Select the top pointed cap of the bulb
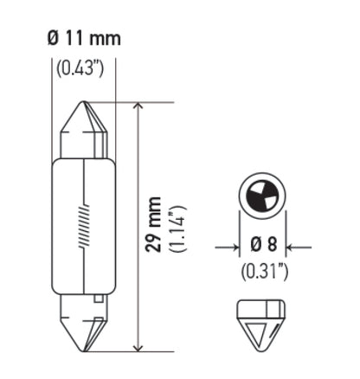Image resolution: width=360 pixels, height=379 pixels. pos(84,130)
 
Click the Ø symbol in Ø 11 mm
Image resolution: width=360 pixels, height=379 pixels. pos(51,38)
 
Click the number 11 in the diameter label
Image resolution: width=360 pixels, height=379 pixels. pos(75,38)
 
